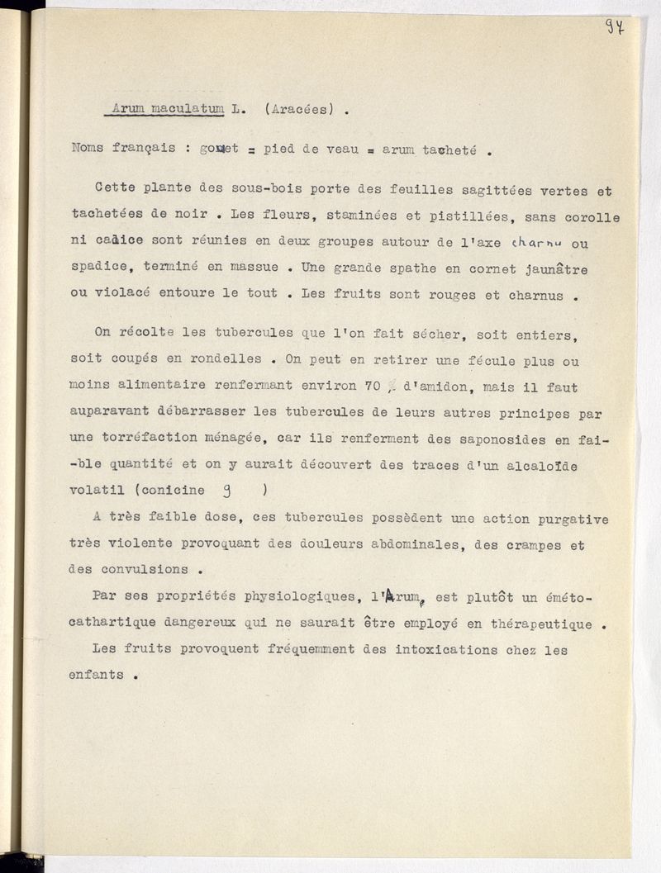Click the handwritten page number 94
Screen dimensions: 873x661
[615, 26]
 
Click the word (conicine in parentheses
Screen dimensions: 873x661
[169, 490]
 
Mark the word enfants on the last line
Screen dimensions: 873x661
[96, 675]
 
